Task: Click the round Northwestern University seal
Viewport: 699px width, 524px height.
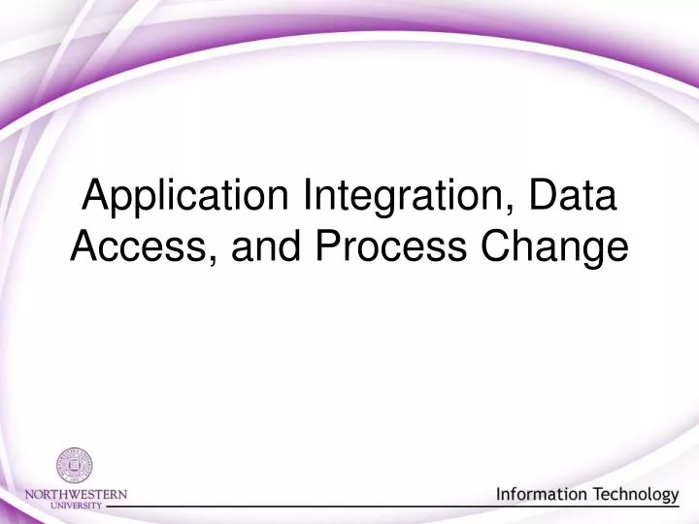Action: [x=74, y=466]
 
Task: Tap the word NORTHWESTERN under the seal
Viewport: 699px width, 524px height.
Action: [x=76, y=494]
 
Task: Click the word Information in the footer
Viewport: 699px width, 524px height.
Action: [x=542, y=495]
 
